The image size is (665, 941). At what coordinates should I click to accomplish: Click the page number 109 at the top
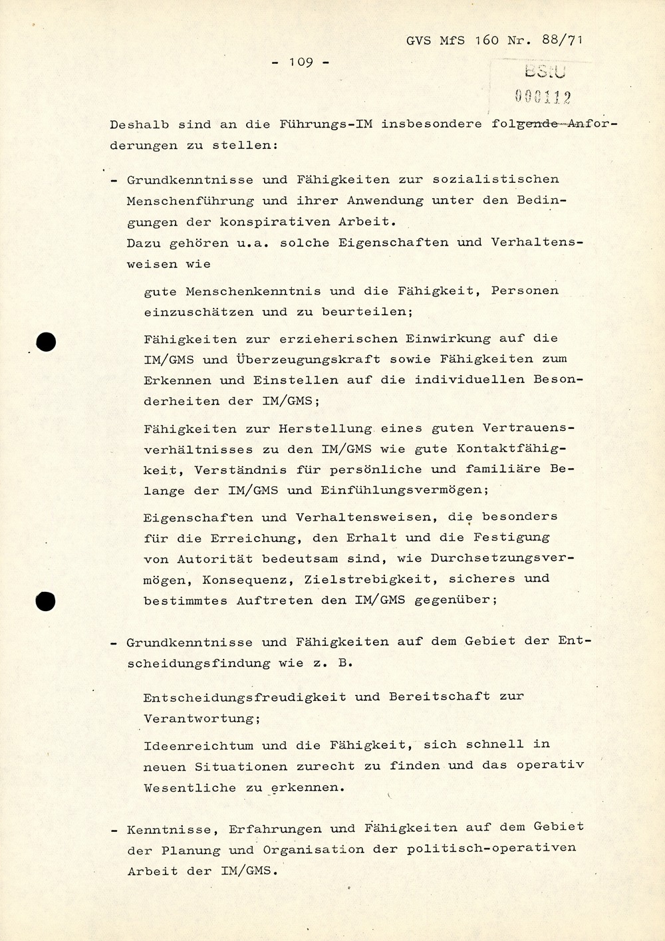301,62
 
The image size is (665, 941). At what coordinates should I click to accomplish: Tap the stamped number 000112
543,97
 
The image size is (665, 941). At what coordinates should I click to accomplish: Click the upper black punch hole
45,342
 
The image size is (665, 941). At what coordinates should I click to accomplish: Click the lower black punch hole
45,601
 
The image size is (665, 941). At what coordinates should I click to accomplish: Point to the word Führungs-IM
326,124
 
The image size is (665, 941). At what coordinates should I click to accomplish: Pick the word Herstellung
325,428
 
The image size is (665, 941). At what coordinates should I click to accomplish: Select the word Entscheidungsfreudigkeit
245,697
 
